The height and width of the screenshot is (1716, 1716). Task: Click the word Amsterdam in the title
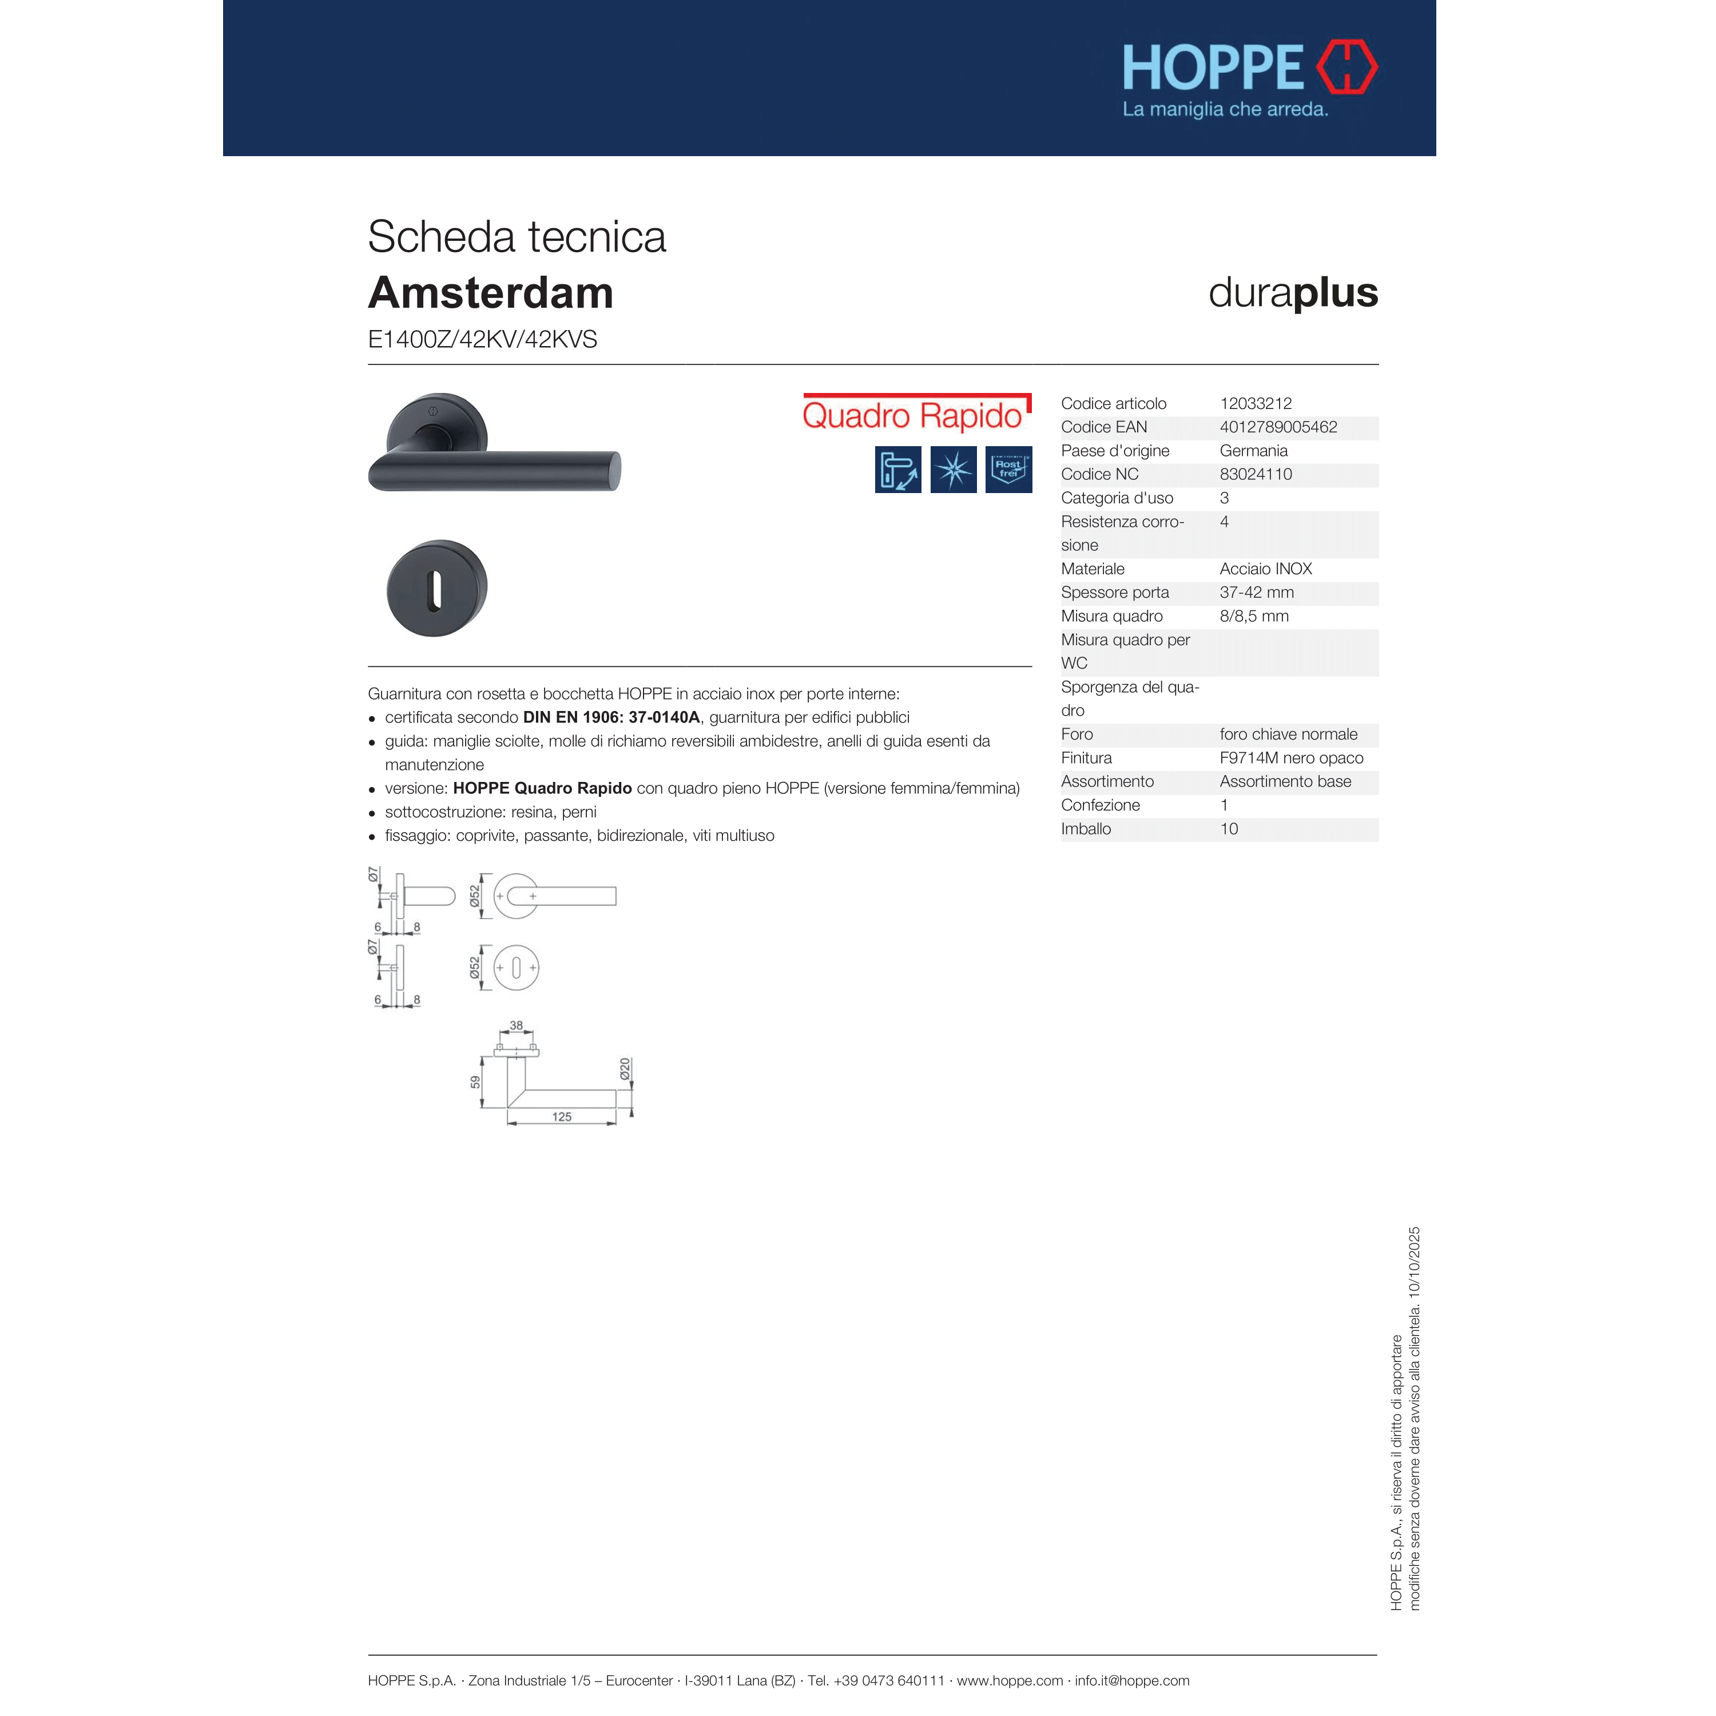[490, 293]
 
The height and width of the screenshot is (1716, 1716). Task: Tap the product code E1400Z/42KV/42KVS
[482, 339]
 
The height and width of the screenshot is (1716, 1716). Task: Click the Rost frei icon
[1008, 469]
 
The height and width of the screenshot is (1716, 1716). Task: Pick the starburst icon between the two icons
[953, 469]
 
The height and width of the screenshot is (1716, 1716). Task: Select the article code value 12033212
[1255, 403]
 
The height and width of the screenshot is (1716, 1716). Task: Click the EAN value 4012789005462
[1277, 427]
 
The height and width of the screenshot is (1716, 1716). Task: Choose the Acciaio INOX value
[1265, 569]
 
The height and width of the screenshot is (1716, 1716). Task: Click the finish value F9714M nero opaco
[1290, 758]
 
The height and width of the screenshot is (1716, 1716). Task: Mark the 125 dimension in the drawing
[561, 1117]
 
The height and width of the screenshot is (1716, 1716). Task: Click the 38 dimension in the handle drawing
[516, 1026]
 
